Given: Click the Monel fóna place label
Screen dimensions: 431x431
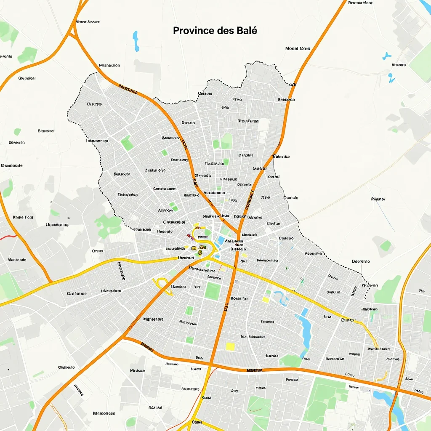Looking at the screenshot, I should point(298,48).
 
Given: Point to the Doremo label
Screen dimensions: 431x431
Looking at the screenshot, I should point(360,261).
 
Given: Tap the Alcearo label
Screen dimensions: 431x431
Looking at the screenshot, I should point(399,65).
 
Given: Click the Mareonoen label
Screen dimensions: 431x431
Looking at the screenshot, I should point(104,413).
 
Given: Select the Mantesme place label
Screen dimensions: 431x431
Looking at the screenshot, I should point(153,319).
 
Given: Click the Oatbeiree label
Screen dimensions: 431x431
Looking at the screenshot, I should point(77,293).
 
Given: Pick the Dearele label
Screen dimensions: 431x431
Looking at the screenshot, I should point(291,197).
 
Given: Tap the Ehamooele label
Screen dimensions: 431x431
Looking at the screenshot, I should point(12,165).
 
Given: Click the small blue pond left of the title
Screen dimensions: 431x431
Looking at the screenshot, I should point(136,40).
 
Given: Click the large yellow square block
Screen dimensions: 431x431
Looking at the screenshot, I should point(230,346).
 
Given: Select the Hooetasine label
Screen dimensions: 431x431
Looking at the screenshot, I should point(57,225).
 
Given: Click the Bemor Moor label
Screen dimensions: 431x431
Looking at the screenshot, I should point(361,3).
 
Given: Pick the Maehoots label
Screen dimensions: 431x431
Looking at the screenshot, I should point(17,260).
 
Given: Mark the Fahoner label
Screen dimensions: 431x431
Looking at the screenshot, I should point(378,199).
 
